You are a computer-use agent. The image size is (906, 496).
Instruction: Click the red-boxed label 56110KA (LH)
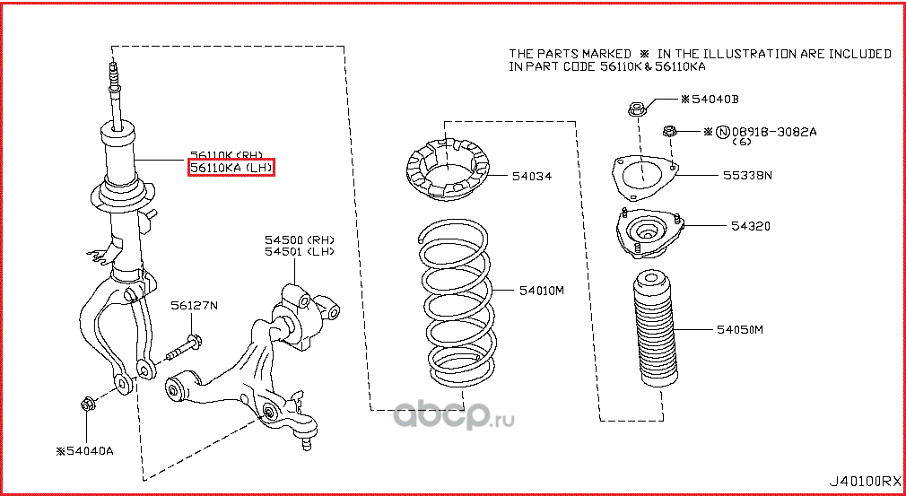[230, 168]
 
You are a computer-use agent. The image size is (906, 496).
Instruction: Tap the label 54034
[532, 177]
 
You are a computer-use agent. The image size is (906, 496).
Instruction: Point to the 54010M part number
[541, 291]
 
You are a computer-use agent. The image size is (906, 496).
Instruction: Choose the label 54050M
[738, 330]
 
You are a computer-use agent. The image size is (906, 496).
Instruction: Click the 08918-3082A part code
[772, 132]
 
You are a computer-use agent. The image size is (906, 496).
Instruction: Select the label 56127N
[195, 306]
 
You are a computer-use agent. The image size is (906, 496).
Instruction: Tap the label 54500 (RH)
[298, 240]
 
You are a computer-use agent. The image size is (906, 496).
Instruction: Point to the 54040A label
[85, 450]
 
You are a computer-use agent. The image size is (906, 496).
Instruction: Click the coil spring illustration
[457, 305]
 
